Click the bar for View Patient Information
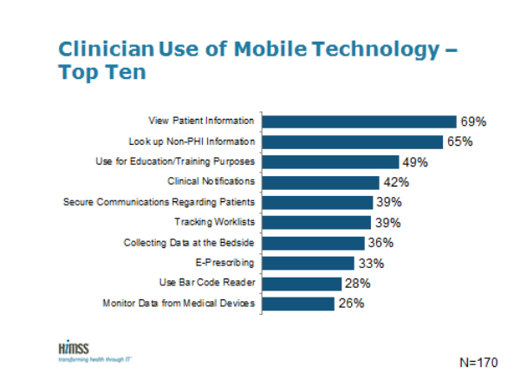pos(359,121)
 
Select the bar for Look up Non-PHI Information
pos(354,141)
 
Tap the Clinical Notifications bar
pos(321,182)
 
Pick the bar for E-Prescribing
pos(309,263)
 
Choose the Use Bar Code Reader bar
pos(302,284)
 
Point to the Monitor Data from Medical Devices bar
pos(298,304)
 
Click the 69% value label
pos(471,121)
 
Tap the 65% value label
pos(460,141)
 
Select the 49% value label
pos(414,162)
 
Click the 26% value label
pos(350,304)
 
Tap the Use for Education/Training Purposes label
pos(175,161)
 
